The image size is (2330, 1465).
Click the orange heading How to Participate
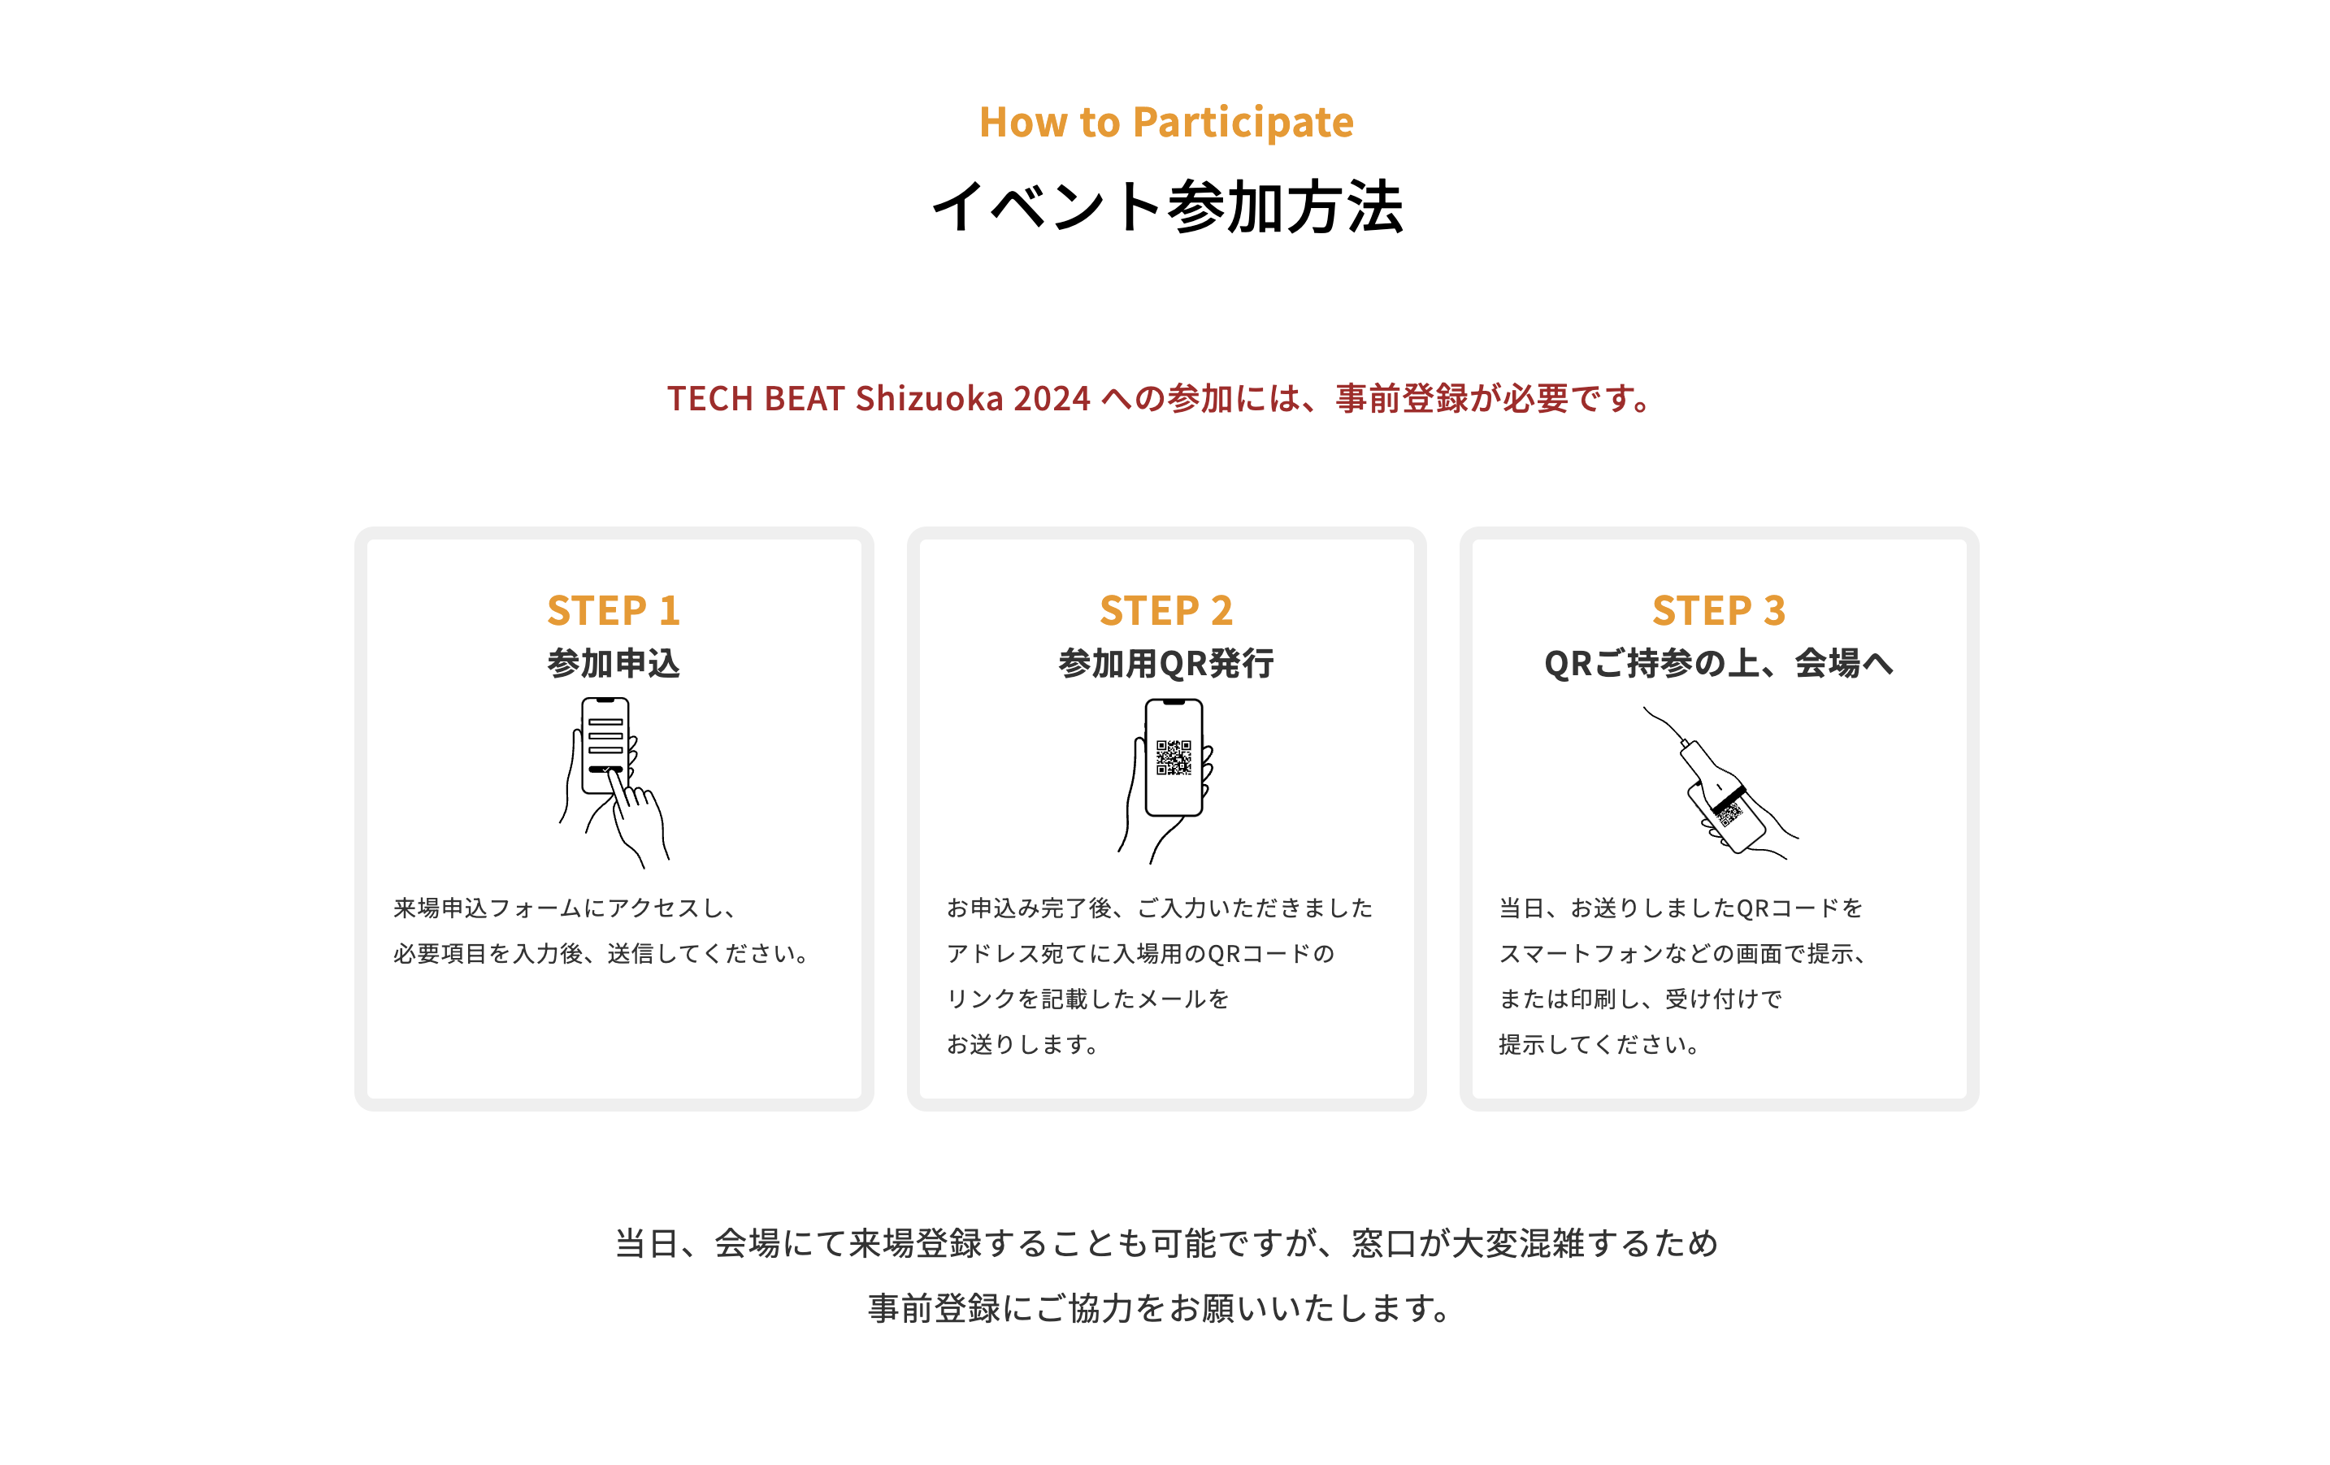pos(1165,123)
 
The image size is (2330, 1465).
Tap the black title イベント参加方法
pos(1166,206)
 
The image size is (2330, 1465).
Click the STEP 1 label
pos(614,610)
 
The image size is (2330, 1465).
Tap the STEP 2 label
pos(1166,610)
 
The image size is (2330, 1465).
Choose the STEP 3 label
pos(1719,610)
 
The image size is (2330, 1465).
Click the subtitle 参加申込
pos(614,664)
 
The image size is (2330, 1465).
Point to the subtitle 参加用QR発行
pos(1166,664)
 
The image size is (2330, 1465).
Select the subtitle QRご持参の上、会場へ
pos(1719,664)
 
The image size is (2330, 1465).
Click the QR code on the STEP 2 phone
pos(1174,757)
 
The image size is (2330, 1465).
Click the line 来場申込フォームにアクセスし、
pos(567,908)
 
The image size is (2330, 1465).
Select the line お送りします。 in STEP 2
pos(1022,1045)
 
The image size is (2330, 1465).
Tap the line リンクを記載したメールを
pos(1087,999)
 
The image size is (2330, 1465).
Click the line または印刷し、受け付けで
pos(1640,999)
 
